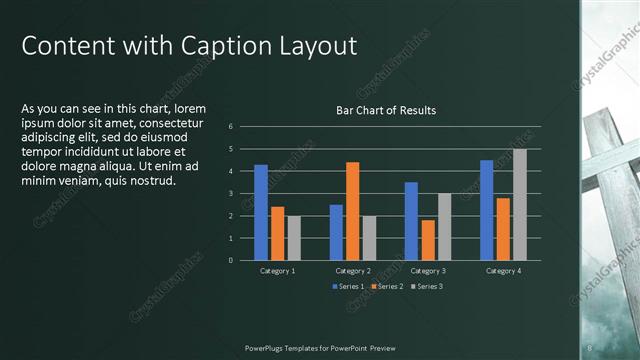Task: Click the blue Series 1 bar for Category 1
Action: (x=261, y=212)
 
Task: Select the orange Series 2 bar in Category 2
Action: (x=352, y=211)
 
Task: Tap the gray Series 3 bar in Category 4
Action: (x=519, y=204)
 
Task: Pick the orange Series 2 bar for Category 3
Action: (x=428, y=240)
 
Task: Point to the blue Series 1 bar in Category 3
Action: (x=411, y=221)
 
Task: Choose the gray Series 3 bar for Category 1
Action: (x=294, y=238)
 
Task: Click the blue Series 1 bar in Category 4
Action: (x=486, y=210)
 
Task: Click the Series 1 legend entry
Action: (x=347, y=287)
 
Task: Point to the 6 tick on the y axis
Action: (x=231, y=127)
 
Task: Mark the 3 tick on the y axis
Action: (x=231, y=194)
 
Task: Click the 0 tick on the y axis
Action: (x=231, y=260)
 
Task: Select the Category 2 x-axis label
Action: (x=352, y=271)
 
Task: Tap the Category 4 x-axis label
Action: (x=503, y=271)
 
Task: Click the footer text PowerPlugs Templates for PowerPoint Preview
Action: (x=320, y=347)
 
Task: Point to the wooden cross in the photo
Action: (x=612, y=180)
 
